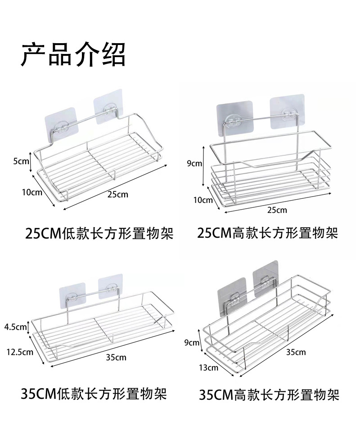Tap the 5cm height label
[21, 161]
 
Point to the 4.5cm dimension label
[16, 327]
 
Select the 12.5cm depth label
[19, 352]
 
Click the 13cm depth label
[208, 367]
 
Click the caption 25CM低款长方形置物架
[99, 234]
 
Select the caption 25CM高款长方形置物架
[267, 233]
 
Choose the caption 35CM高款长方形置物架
[269, 395]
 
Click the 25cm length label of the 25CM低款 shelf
[118, 195]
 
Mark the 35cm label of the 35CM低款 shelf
[116, 358]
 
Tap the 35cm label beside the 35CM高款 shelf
[296, 352]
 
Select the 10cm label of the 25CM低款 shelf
[31, 193]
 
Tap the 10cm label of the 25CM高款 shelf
[203, 200]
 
